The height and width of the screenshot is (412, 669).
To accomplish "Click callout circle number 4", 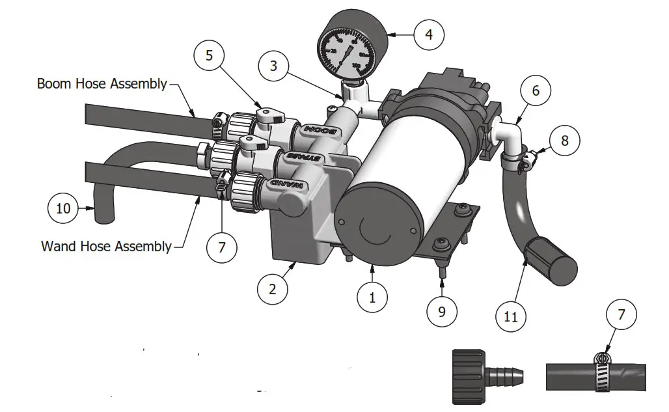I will [429, 34].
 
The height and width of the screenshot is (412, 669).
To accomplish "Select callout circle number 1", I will [372, 297].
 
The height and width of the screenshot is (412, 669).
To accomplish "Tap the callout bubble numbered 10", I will [64, 209].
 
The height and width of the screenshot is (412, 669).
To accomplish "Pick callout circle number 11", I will [511, 317].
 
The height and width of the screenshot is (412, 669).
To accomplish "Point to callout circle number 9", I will [442, 311].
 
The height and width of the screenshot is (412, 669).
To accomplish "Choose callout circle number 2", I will [272, 289].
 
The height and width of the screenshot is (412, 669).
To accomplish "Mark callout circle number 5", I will [209, 55].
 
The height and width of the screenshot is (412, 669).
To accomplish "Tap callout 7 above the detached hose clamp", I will [621, 315].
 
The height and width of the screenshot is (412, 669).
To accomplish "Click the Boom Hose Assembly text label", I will [102, 84].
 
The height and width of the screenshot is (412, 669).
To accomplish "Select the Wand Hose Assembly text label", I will [106, 246].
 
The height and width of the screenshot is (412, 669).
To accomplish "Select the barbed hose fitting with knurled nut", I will [489, 372].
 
